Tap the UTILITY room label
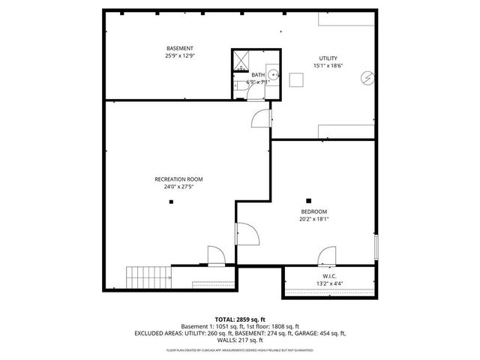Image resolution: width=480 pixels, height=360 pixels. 328,58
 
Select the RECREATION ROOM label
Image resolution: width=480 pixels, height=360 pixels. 178,179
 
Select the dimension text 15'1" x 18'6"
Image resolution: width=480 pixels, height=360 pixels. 328,66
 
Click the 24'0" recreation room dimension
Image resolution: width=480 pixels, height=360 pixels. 178,187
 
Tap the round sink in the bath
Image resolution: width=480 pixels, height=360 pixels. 274,74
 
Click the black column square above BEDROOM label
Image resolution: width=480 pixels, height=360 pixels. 309,199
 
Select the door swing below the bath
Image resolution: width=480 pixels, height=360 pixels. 259,118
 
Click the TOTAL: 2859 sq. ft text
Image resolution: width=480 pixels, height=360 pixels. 240,319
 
